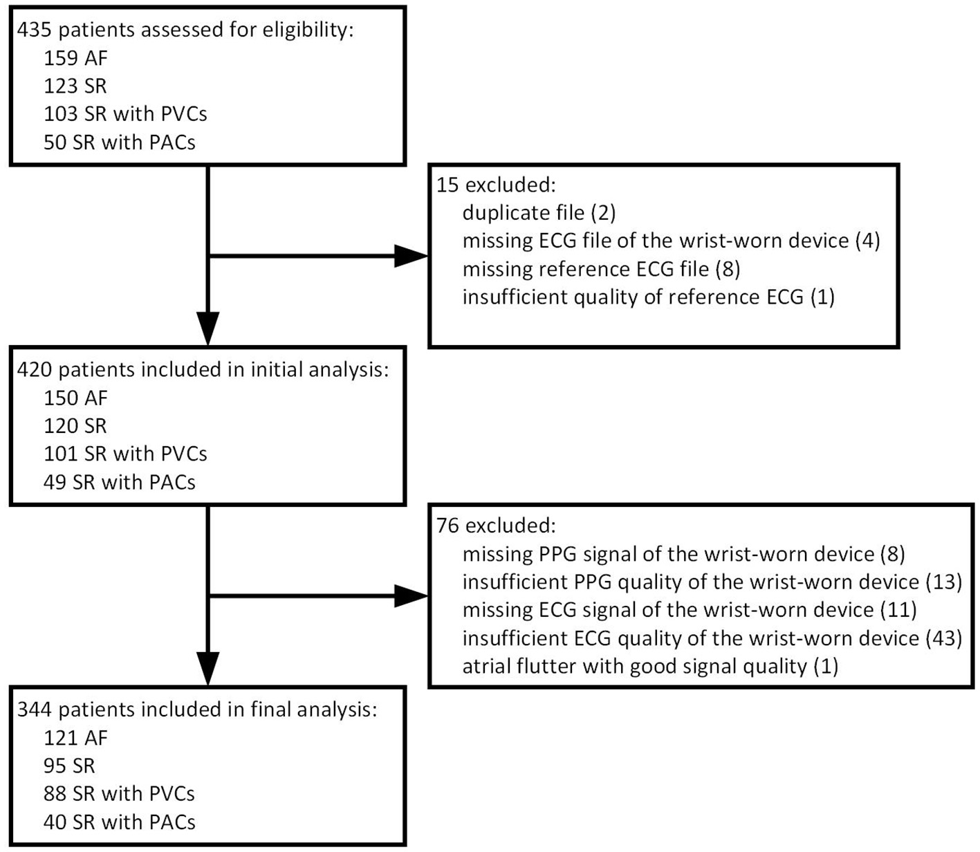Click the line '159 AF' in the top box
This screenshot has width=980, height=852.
(x=75, y=58)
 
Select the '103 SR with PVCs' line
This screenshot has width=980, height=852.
(x=125, y=113)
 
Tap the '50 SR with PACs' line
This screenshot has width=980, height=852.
(x=119, y=142)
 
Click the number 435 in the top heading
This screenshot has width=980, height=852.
(x=32, y=30)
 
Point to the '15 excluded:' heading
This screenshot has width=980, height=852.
(x=496, y=185)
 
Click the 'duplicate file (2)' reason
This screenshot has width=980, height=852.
(x=539, y=212)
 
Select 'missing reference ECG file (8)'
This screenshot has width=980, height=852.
(x=601, y=268)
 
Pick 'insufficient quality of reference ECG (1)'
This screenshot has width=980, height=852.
(x=648, y=297)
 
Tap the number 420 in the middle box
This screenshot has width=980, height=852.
(x=34, y=370)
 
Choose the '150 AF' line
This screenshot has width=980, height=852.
(x=75, y=398)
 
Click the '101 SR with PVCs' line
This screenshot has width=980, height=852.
(x=125, y=454)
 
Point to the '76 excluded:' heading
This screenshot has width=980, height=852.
(x=496, y=526)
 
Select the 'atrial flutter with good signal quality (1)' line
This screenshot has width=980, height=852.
(x=650, y=666)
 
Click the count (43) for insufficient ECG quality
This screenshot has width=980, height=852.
(x=943, y=638)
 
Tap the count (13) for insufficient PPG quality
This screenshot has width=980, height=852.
(x=943, y=582)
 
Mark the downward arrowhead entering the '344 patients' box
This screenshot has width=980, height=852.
(x=207, y=668)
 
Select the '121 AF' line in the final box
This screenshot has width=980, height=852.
(x=75, y=738)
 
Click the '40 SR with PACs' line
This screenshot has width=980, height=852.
(x=119, y=822)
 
